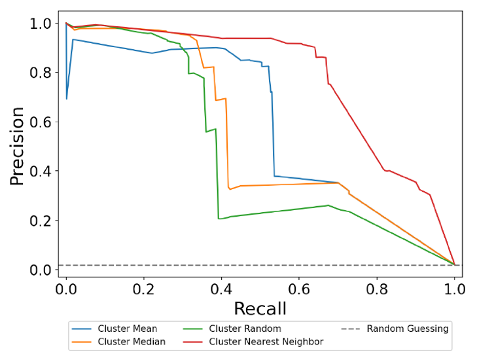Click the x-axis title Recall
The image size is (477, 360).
pyautogui.click(x=261, y=306)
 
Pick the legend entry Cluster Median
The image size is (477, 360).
pyautogui.click(x=131, y=341)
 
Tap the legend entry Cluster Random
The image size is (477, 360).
pyautogui.click(x=244, y=329)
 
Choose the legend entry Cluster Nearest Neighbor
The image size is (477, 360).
pyautogui.click(x=266, y=341)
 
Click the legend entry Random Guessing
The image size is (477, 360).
pyautogui.click(x=407, y=329)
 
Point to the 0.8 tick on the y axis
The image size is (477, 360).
pyautogui.click(x=41, y=73)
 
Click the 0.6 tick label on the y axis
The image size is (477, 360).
pyautogui.click(x=41, y=122)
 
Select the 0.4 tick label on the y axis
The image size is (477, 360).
pyautogui.click(x=41, y=171)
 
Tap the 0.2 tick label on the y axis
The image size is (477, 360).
pyautogui.click(x=41, y=221)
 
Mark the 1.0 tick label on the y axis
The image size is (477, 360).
pyautogui.click(x=41, y=24)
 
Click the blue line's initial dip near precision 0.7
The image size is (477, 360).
pyautogui.click(x=67, y=98)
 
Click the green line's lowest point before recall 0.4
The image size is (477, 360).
pyautogui.click(x=219, y=219)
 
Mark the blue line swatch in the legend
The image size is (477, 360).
pyautogui.click(x=82, y=329)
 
